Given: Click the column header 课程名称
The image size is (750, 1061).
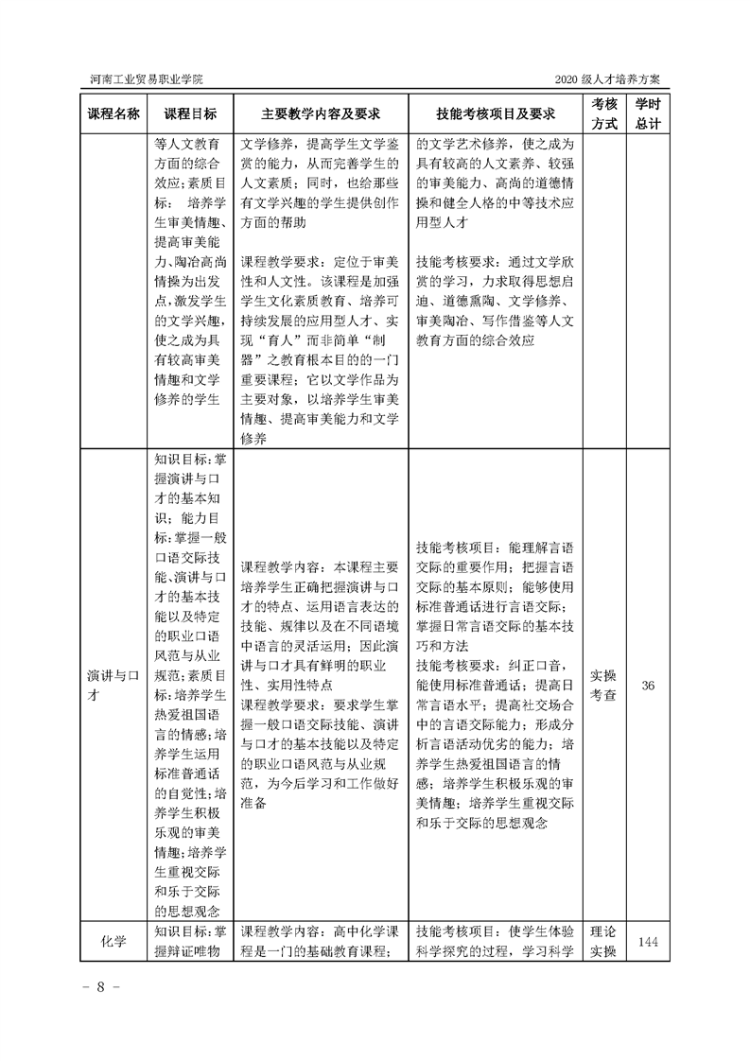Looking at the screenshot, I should (113, 113).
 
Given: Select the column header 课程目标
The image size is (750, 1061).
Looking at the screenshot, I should (190, 113).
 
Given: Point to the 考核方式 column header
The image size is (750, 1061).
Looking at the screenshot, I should (604, 113).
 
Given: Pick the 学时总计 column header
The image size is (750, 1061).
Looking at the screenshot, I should (647, 113).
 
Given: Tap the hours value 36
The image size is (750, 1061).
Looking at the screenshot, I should (648, 685).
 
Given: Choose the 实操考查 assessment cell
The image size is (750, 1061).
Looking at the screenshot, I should (604, 685).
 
